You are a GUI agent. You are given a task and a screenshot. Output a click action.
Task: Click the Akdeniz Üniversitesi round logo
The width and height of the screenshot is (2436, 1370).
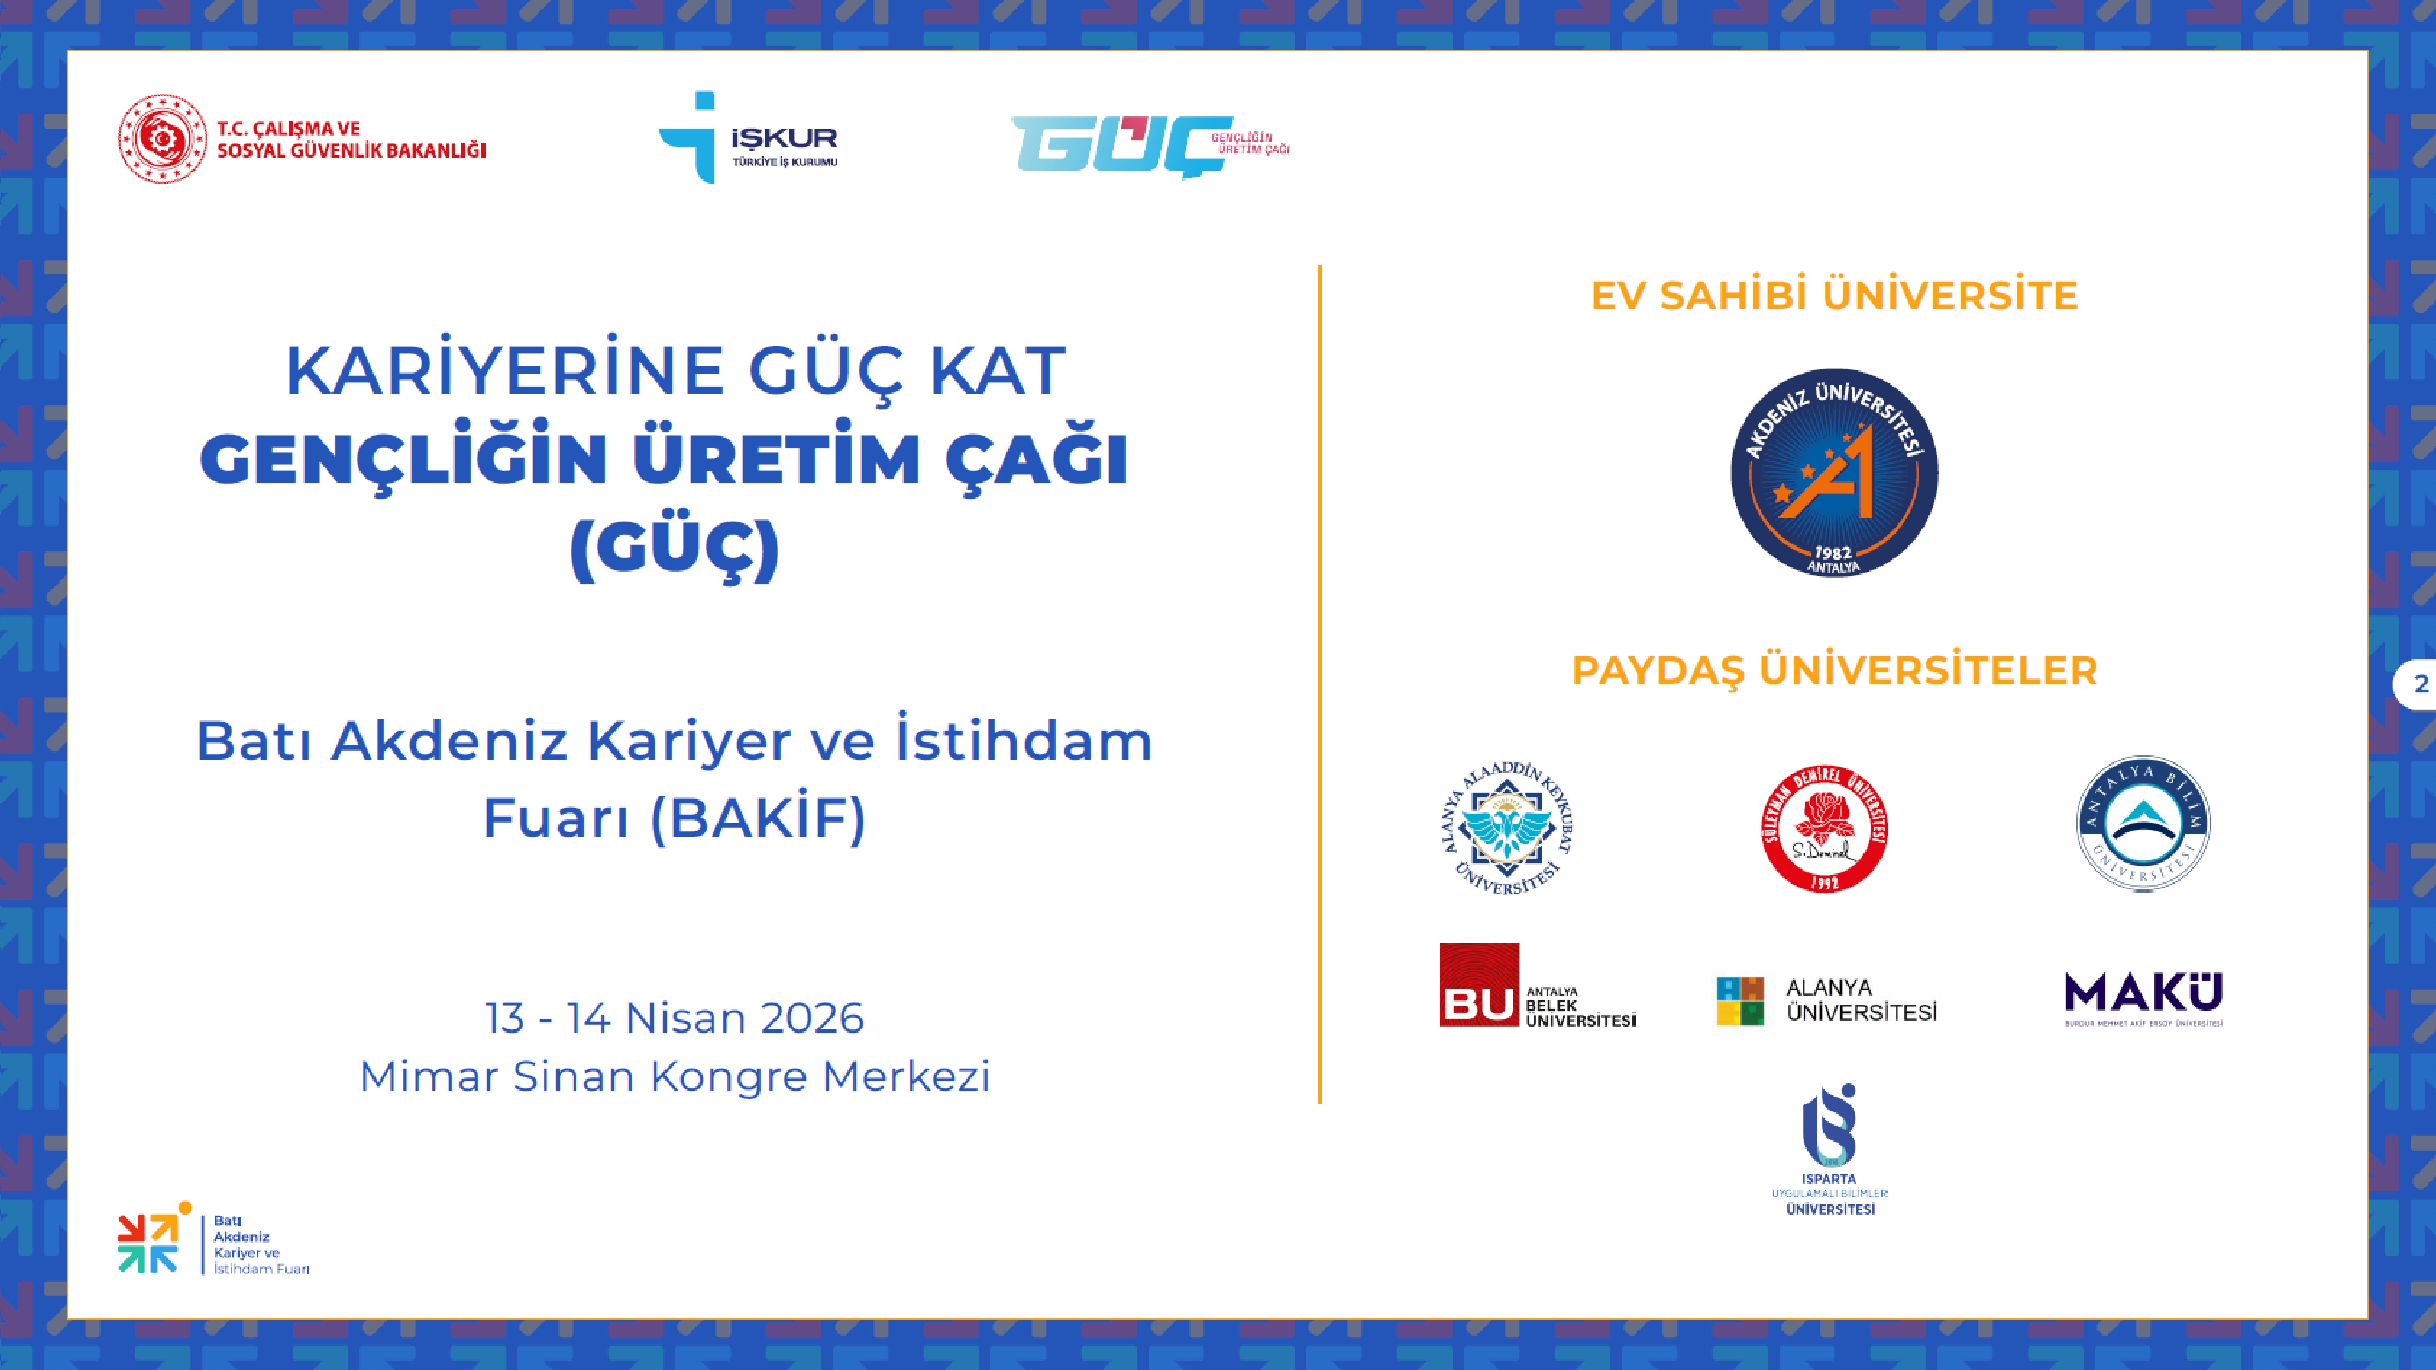tap(1834, 473)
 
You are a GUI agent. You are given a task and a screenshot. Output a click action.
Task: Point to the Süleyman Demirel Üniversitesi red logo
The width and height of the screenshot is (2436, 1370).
tap(1824, 828)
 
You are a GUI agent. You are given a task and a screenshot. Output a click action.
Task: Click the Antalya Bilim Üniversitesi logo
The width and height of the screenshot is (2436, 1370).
tap(2143, 824)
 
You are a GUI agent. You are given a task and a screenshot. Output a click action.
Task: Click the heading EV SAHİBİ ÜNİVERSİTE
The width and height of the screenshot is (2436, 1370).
tap(1834, 295)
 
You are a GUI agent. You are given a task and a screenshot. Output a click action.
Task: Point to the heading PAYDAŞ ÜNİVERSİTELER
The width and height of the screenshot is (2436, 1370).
tap(1834, 671)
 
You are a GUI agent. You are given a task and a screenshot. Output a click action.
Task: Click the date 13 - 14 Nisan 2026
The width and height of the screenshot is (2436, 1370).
tap(674, 1018)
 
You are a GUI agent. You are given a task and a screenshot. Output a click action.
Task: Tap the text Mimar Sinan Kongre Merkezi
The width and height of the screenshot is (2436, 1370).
tap(674, 1076)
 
